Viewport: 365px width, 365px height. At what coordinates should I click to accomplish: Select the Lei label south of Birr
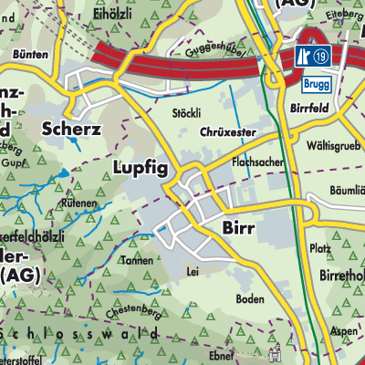192,271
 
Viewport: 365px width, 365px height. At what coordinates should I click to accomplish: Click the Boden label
249,298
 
